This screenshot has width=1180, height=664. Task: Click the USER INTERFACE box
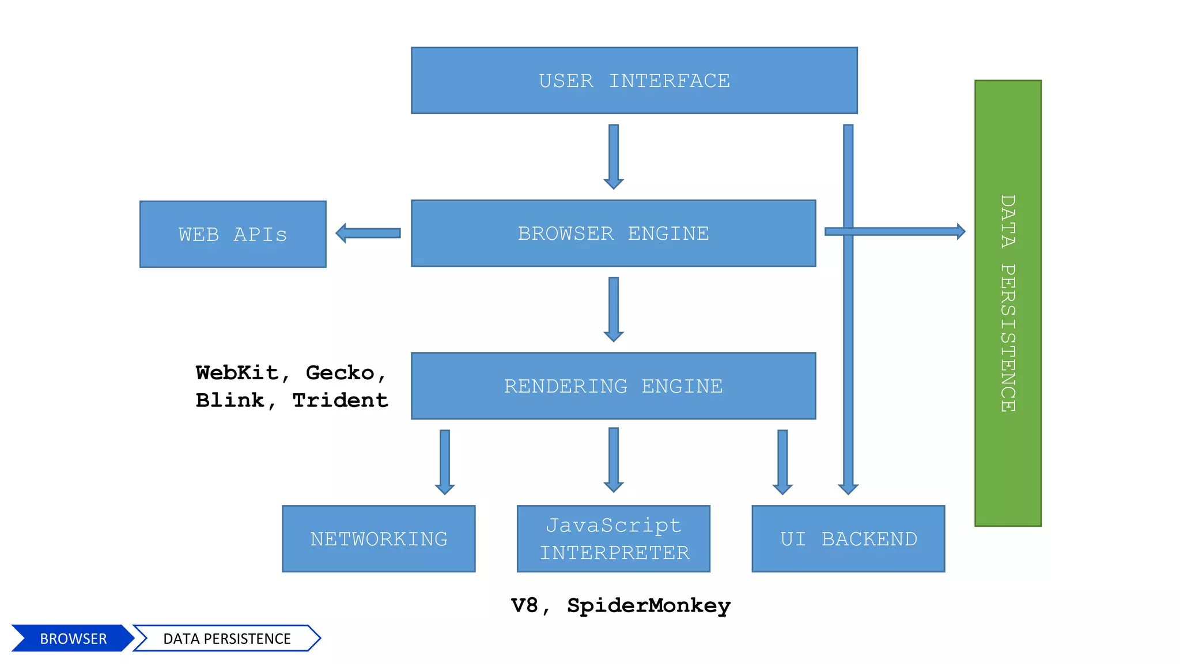click(x=634, y=81)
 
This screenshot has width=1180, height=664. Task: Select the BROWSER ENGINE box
click(x=613, y=233)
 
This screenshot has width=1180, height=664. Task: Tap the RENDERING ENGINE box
click(x=613, y=386)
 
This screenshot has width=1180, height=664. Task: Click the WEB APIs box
click(x=233, y=235)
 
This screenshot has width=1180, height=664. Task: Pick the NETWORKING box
click(x=379, y=539)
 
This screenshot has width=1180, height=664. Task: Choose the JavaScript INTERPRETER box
click(x=613, y=539)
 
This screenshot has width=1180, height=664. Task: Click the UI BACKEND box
click(x=848, y=539)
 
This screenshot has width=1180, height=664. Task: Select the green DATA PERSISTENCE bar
click(x=1008, y=303)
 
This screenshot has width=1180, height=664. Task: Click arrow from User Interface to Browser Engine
click(x=614, y=156)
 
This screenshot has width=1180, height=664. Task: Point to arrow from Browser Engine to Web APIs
click(x=369, y=233)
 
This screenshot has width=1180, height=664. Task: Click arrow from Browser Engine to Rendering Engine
click(x=614, y=309)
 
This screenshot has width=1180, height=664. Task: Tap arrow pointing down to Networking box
click(x=445, y=461)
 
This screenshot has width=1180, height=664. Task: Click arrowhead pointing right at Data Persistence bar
click(x=960, y=231)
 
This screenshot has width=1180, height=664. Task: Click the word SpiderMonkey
click(x=649, y=605)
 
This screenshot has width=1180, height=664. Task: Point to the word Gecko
click(x=340, y=373)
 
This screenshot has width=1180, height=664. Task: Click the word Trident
click(x=340, y=400)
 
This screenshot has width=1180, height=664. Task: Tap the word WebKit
click(x=237, y=373)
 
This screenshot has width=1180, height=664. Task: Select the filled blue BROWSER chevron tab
click(x=73, y=639)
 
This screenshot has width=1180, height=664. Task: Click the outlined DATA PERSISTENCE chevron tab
click(x=227, y=639)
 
